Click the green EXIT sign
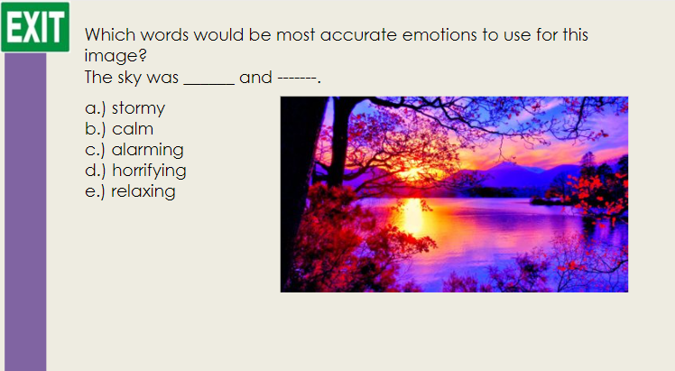pyautogui.click(x=35, y=27)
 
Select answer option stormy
pyautogui.click(x=138, y=108)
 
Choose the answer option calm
pyautogui.click(x=133, y=129)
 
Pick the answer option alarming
pyautogui.click(x=148, y=150)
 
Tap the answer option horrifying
pyautogui.click(x=149, y=171)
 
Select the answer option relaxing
pyautogui.click(x=143, y=191)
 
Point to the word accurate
pyautogui.click(x=358, y=35)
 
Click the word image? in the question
pyautogui.click(x=116, y=56)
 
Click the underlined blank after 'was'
pyautogui.click(x=209, y=84)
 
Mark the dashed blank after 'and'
pyautogui.click(x=297, y=79)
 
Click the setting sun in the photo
pyautogui.click(x=412, y=172)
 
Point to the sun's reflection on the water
pyautogui.click(x=412, y=215)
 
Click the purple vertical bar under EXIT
pyautogui.click(x=25, y=212)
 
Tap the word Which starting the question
pyautogui.click(x=110, y=35)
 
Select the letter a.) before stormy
pyautogui.click(x=95, y=108)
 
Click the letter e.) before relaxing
pyautogui.click(x=95, y=191)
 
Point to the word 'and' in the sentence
pyautogui.click(x=255, y=78)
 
